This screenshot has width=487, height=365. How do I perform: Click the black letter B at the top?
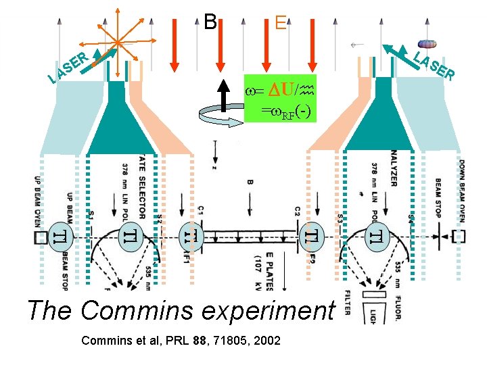tap(210, 22)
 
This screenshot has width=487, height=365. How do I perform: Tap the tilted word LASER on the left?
tap(68, 68)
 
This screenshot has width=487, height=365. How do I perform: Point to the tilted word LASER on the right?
tap(433, 66)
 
